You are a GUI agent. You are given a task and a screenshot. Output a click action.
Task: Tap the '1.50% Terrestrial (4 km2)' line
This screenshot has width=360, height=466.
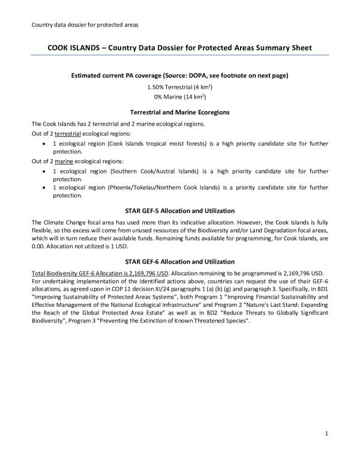point(179,88)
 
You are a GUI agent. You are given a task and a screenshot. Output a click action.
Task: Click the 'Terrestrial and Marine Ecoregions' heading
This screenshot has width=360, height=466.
point(179,112)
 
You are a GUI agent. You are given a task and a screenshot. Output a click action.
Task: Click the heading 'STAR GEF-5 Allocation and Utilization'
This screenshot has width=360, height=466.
point(179,211)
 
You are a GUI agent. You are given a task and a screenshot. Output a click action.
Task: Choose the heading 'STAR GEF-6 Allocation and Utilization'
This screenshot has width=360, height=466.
point(179,262)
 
